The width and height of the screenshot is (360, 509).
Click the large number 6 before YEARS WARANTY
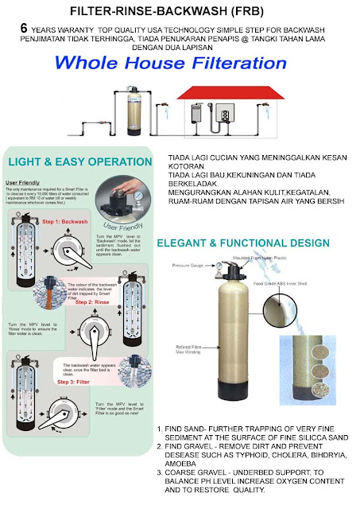pos(26,28)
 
